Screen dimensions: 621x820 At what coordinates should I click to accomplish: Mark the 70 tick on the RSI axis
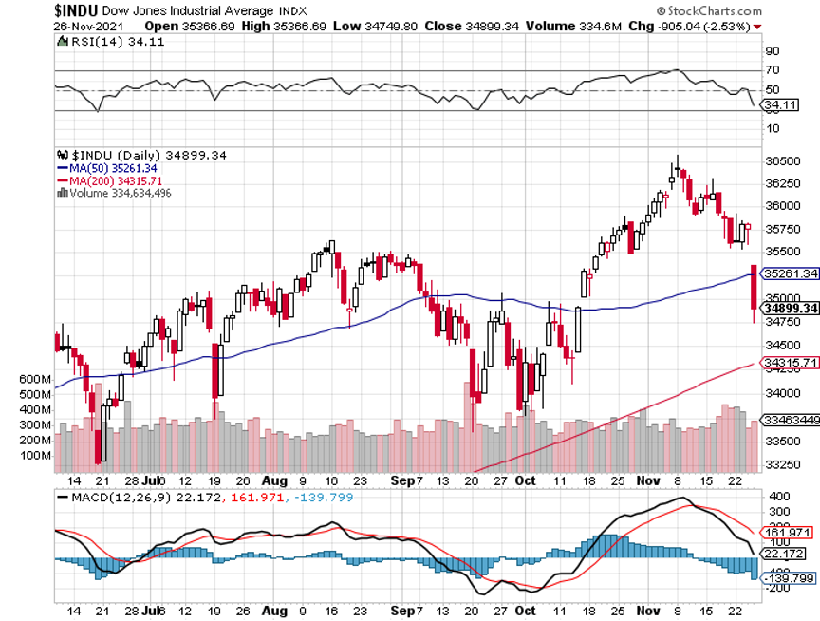pos(773,70)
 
